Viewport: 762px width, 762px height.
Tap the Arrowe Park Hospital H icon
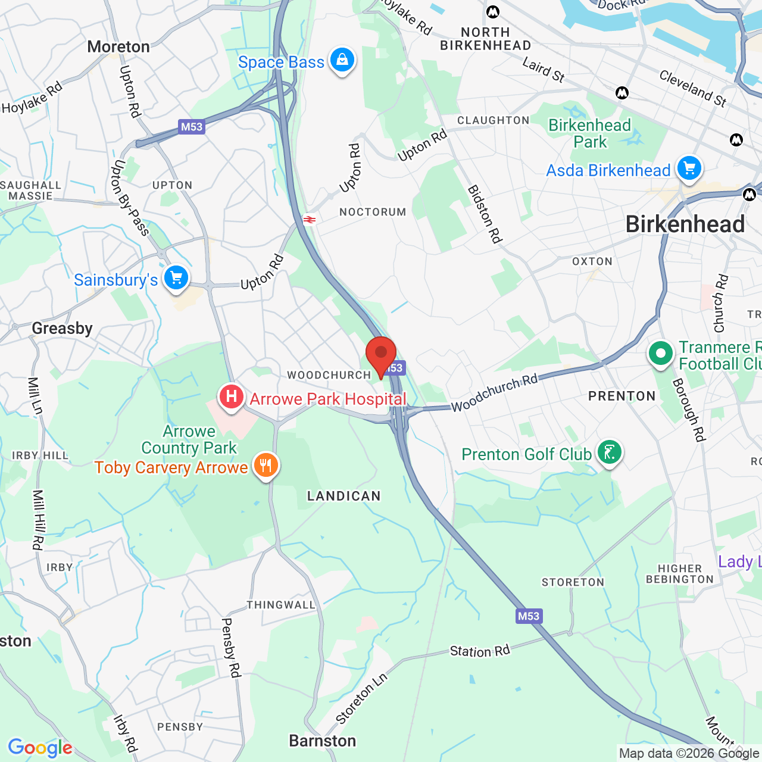tap(232, 396)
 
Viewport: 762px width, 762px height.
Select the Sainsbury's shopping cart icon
tap(176, 278)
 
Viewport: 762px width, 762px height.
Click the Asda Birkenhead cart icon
tap(689, 168)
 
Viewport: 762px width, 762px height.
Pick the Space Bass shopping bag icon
tap(342, 60)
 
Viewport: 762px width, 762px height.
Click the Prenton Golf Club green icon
tap(609, 453)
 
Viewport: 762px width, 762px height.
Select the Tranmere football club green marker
tap(660, 354)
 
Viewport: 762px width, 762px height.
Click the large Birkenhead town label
tap(685, 224)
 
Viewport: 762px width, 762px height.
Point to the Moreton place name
tap(118, 46)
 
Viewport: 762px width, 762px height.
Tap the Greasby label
tap(63, 328)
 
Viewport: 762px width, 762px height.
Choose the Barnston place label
tap(322, 741)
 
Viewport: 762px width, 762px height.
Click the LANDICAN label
tap(343, 496)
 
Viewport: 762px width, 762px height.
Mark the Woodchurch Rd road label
tap(494, 393)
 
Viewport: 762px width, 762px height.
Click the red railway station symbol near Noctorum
tap(309, 220)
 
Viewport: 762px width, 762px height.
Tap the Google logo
tap(40, 748)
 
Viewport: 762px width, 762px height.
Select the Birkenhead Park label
tap(589, 133)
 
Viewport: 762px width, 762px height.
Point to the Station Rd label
tap(480, 651)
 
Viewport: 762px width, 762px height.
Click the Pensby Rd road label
tap(231, 648)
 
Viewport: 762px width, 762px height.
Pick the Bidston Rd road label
tap(485, 214)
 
